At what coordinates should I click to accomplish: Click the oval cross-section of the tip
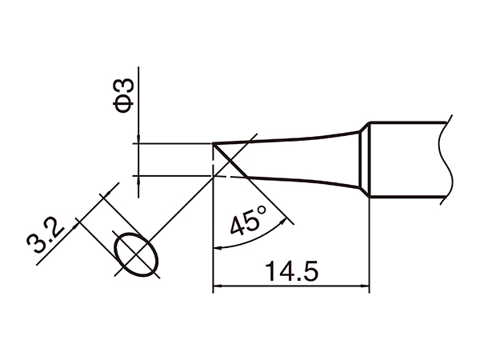[135, 255]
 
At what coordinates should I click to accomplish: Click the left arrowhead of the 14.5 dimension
[217, 285]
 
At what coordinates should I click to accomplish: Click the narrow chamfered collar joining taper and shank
[362, 159]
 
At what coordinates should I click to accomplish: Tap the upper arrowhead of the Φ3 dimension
[138, 141]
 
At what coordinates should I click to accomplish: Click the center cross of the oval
[135, 255]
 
